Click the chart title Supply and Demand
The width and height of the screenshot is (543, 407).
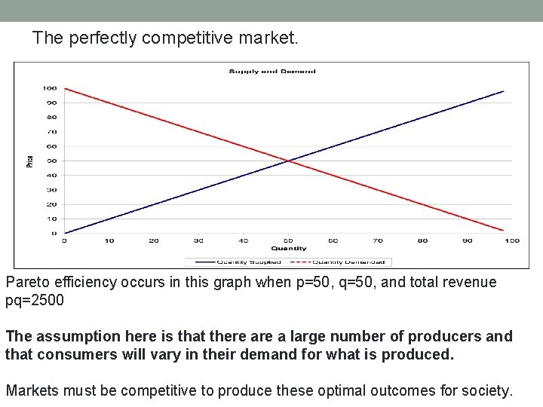tap(272, 72)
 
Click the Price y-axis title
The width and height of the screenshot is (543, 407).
tap(30, 161)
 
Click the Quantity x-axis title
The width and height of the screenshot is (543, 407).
tap(288, 248)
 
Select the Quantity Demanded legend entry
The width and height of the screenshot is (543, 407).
tap(350, 262)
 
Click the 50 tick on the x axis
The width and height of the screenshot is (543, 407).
tap(288, 240)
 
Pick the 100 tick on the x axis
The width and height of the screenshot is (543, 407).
tap(511, 240)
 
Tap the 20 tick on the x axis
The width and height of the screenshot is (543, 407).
tap(154, 240)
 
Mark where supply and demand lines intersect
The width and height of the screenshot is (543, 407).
tap(288, 161)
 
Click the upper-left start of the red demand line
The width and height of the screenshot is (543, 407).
tap(66, 89)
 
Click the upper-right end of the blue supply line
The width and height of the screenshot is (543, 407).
tap(503, 92)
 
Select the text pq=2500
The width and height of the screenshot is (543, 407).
tap(35, 300)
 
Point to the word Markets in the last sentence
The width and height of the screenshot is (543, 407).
tap(32, 390)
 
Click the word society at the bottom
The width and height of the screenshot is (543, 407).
tap(488, 390)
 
